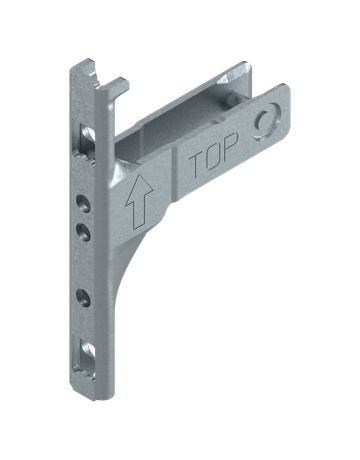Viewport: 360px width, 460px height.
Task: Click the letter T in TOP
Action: pos(197,163)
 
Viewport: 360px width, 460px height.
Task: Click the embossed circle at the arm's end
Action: pos(266,121)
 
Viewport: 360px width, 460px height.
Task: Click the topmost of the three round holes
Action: pos(83,203)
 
